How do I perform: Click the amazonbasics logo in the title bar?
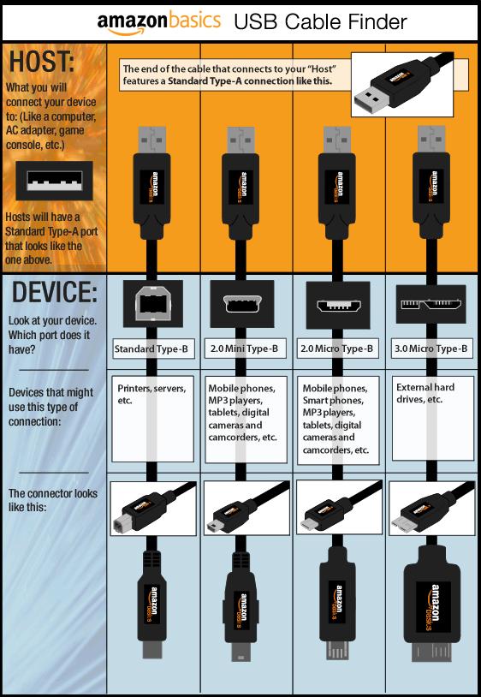tap(158, 22)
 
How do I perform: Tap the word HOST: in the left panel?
tap(42, 62)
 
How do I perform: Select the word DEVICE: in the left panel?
tap(54, 292)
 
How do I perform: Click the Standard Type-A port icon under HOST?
tap(54, 181)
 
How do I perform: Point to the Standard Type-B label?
tap(151, 349)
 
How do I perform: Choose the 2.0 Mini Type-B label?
tap(244, 349)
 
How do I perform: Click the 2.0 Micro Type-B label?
tap(336, 349)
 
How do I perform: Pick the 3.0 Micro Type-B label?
tap(431, 349)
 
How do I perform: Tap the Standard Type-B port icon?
tap(153, 304)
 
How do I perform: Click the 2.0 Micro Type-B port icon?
tap(338, 305)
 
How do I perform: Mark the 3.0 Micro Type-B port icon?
tap(431, 305)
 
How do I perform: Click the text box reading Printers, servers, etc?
tap(153, 419)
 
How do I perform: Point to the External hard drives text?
tap(425, 393)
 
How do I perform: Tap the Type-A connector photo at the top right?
tap(402, 85)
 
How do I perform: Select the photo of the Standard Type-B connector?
tap(153, 509)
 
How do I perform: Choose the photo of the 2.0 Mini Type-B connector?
tap(246, 509)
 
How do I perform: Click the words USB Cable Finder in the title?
tap(320, 22)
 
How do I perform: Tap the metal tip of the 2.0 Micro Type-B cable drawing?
tap(336, 649)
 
